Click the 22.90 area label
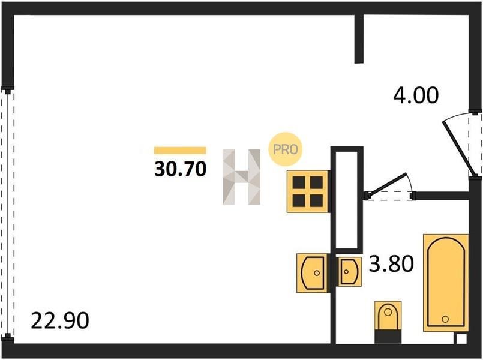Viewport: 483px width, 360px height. [60, 320]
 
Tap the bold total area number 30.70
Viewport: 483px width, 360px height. [180, 169]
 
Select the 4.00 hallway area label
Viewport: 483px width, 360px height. [416, 95]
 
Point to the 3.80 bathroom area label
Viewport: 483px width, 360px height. [391, 263]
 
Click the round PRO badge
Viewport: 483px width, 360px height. [285, 149]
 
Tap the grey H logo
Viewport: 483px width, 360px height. [242, 177]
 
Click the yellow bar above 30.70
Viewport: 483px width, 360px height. [180, 150]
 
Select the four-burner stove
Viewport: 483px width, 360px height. [307, 191]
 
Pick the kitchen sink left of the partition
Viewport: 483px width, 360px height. [313, 273]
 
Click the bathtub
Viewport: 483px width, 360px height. [446, 283]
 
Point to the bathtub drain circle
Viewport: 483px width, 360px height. [445, 319]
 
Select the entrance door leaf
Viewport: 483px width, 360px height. [458, 148]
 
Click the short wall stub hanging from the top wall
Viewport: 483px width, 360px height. [359, 39]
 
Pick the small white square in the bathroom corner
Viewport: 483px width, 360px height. [461, 339]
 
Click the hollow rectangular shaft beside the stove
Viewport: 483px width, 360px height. [347, 200]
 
